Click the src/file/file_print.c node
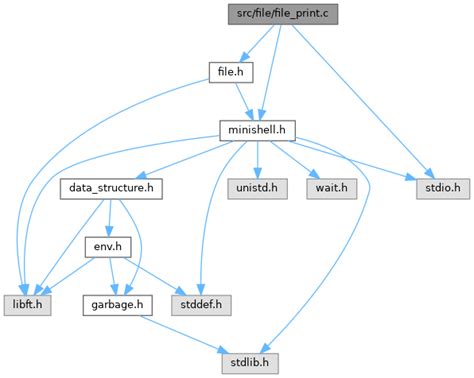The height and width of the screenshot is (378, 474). point(282,13)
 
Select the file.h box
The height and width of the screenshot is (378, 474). point(228,71)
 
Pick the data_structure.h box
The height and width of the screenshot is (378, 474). point(111,187)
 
